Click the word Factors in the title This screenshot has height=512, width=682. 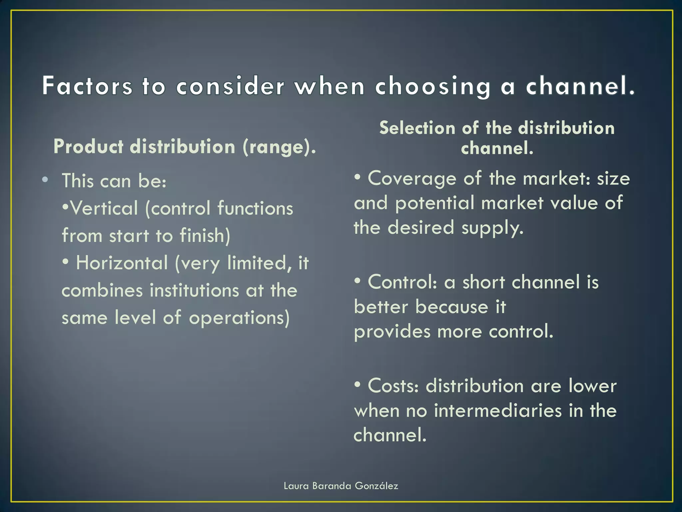click(87, 86)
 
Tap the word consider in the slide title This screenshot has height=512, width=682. click(230, 86)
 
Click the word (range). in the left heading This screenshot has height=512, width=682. click(279, 147)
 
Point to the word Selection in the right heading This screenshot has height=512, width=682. click(417, 128)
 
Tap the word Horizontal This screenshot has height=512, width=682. click(122, 263)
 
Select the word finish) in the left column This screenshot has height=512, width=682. click(205, 236)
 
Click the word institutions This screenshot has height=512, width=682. click(194, 290)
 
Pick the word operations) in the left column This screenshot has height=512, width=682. click(239, 318)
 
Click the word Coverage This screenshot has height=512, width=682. click(412, 179)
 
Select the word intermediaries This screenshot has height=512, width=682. click(498, 411)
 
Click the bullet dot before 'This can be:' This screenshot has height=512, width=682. click(45, 180)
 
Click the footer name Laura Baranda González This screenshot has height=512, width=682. click(341, 486)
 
